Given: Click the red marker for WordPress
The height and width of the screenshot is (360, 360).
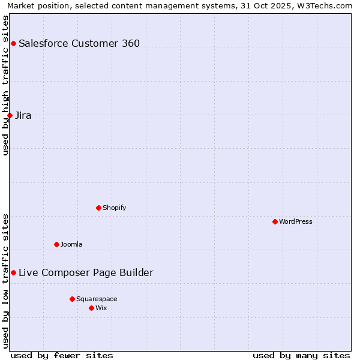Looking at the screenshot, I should point(275,221).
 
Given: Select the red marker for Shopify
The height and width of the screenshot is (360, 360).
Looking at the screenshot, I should point(98,208).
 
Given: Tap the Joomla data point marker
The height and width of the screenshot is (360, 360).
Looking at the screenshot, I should point(56,244).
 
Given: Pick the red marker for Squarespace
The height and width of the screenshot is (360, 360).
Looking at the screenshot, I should point(72,299).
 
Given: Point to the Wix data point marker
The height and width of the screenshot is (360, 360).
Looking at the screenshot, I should point(91,308).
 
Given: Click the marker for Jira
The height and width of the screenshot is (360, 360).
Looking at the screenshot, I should point(10,115).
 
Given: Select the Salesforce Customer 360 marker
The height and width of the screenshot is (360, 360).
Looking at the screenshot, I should point(13,43).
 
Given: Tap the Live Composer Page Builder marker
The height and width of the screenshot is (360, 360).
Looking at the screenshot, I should point(13,272).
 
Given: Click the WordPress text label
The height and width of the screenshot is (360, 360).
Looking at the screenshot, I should point(295,221).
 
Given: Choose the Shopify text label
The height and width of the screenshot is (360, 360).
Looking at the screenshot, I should point(114,208).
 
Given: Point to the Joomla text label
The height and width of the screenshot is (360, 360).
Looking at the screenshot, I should point(71,244).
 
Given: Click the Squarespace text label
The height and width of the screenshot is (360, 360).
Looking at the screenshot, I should point(97,299).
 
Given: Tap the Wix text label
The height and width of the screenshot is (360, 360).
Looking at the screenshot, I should point(101,308).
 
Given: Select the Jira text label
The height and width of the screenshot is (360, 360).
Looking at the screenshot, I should point(23,115).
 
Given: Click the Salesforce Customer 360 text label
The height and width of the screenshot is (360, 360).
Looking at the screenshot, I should point(79,43).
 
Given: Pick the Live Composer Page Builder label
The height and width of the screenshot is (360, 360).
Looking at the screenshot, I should point(86,272).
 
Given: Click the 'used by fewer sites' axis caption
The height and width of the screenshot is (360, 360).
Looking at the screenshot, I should point(62,355).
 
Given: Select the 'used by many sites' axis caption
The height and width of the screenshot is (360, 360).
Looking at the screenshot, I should point(301,355).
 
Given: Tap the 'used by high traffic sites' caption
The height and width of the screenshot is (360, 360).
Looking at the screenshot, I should point(6,85).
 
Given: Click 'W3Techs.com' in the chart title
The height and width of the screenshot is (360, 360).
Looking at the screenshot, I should point(325,5).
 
